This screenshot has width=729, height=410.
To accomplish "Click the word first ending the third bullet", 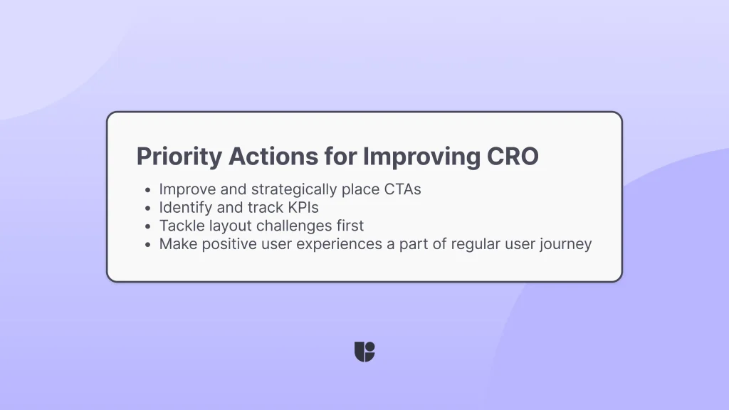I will point(348,226).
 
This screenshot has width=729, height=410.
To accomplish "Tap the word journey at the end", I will point(566,244).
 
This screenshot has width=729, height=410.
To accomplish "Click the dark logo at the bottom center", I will point(364,352).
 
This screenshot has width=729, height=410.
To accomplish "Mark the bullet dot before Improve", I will point(147,191).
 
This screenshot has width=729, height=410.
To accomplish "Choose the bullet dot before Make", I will point(147,245).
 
